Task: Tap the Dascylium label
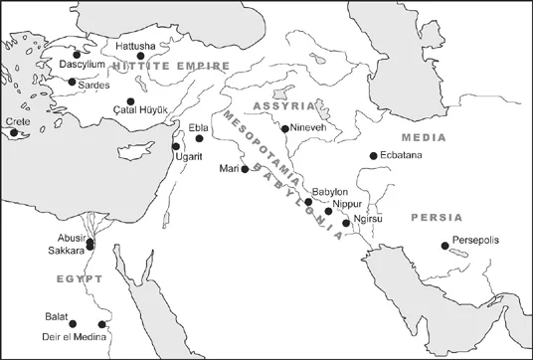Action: tap(83, 65)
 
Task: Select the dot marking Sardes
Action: tap(72, 82)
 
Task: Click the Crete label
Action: tap(19, 121)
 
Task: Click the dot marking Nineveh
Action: tap(285, 129)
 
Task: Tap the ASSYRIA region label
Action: tap(284, 104)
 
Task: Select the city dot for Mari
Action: tap(245, 169)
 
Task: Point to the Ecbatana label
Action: tap(401, 156)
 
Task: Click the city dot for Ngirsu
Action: tap(346, 223)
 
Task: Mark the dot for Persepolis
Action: tap(445, 246)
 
